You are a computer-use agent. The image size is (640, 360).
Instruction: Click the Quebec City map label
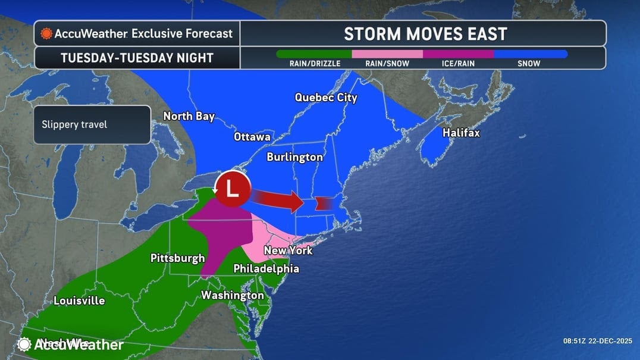[x=326, y=98]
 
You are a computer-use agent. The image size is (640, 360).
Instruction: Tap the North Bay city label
[x=189, y=116]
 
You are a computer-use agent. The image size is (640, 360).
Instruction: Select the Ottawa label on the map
[x=252, y=137]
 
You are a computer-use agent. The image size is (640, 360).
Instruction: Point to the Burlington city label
[x=294, y=157]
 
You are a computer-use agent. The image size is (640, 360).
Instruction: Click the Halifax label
[x=461, y=133]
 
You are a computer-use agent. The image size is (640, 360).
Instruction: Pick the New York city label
[x=288, y=251]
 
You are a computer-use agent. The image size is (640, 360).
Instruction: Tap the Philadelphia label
[x=266, y=269]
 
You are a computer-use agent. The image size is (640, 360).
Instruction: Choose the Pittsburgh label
[x=177, y=258]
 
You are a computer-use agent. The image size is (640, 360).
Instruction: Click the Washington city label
[x=232, y=295]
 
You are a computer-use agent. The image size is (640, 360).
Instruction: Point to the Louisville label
[x=79, y=300]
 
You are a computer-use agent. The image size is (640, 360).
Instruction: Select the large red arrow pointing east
[x=280, y=199]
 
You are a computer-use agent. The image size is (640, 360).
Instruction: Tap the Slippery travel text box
[x=92, y=125]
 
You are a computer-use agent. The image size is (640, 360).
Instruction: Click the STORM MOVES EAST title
[x=425, y=34]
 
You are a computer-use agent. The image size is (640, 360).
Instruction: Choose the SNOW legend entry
[x=529, y=63]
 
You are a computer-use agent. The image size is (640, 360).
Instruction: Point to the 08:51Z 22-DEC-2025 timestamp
[x=598, y=342]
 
